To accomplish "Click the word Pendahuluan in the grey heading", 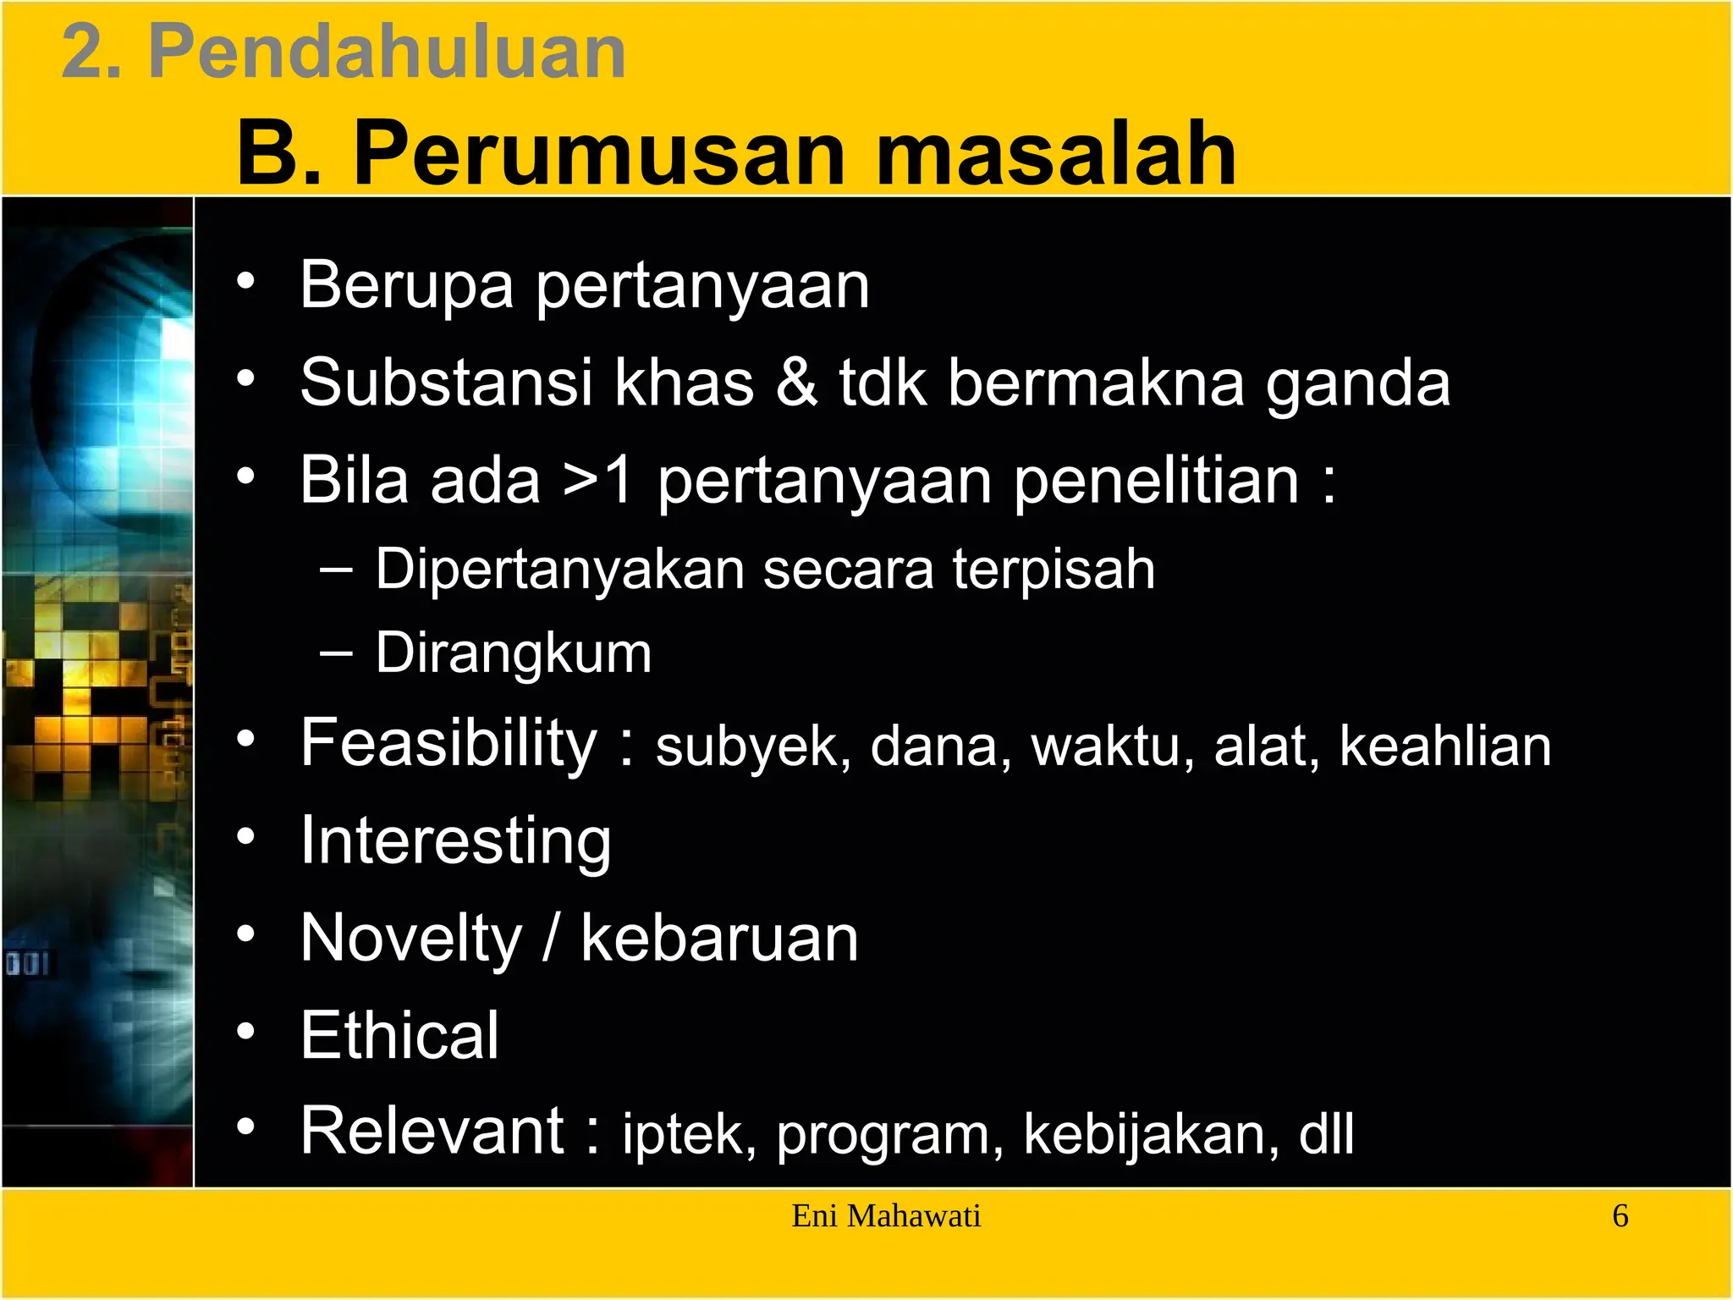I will [387, 52].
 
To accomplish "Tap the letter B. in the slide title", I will [279, 154].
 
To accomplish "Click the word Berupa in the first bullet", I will [406, 286].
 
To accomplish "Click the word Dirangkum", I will [514, 653].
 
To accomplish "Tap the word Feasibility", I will [449, 743].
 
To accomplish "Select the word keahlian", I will [1445, 746].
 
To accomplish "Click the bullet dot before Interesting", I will [245, 837].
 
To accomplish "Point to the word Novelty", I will [412, 939].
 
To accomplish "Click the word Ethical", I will [399, 1035].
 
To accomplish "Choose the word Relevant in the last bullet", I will [432, 1131].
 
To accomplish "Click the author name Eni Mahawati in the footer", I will [886, 1216].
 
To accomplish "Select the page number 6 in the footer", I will [1620, 1216].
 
